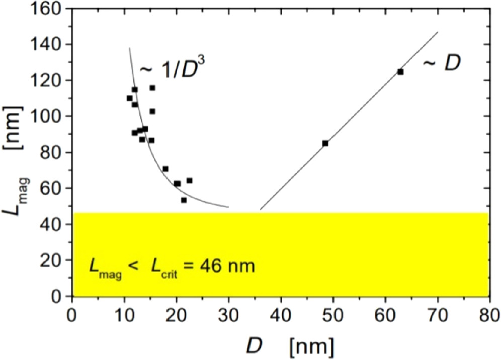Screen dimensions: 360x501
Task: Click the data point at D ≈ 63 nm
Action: pyautogui.click(x=400, y=71)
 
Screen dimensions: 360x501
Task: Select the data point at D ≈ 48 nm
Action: pyautogui.click(x=325, y=143)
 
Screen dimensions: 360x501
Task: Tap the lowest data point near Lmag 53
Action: pyautogui.click(x=184, y=200)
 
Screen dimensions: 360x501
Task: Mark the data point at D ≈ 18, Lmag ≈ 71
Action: pyautogui.click(x=165, y=169)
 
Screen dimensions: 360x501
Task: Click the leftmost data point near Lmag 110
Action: pyautogui.click(x=129, y=98)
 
